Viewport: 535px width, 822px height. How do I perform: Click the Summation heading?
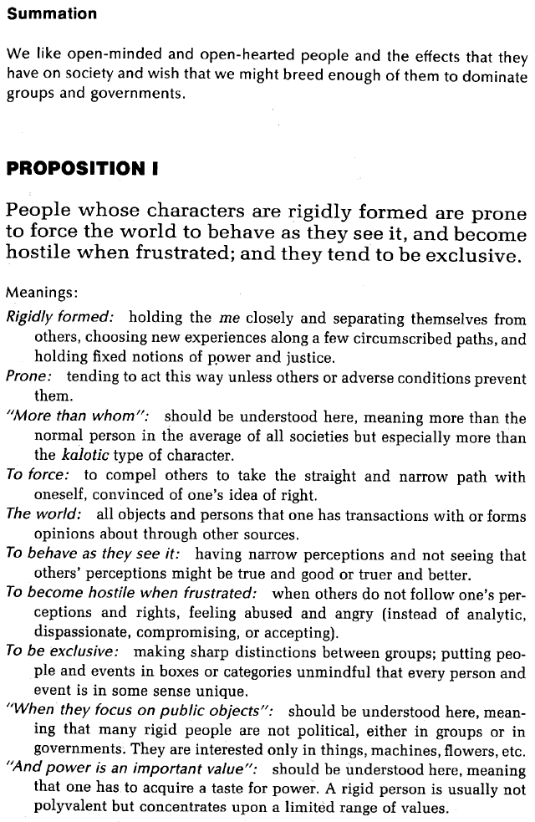click(x=52, y=14)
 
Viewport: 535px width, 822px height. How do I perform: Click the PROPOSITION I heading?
click(x=83, y=169)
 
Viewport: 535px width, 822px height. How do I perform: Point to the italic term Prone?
click(x=29, y=376)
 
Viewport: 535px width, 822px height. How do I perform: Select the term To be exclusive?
click(x=62, y=651)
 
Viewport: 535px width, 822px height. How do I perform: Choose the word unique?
click(x=225, y=691)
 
